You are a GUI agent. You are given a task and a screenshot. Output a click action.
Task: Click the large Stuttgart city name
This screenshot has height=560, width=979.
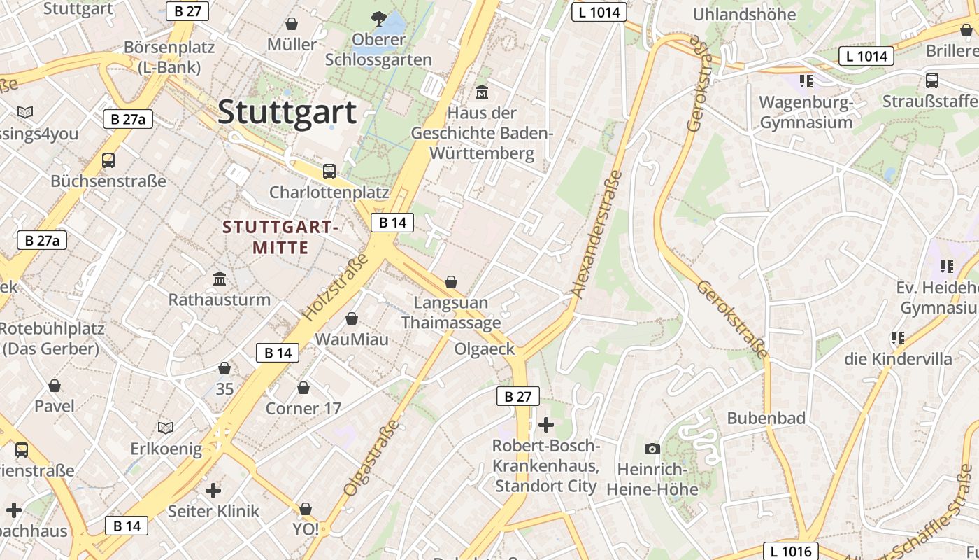(x=287, y=112)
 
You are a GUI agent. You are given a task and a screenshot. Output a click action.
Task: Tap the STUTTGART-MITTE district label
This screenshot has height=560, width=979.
(x=280, y=237)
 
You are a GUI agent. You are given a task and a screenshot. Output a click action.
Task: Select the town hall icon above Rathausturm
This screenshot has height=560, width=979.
(x=220, y=279)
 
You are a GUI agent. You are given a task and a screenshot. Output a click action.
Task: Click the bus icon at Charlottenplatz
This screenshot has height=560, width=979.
(x=329, y=171)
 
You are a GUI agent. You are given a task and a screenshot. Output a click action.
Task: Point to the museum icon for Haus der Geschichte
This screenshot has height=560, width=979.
(x=482, y=92)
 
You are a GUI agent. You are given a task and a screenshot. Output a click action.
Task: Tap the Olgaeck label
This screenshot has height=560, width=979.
(x=485, y=349)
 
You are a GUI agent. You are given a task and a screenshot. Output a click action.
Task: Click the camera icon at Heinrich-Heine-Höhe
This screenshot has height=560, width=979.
(x=652, y=449)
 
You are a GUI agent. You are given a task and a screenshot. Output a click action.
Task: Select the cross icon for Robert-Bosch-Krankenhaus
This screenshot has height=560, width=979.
(x=545, y=424)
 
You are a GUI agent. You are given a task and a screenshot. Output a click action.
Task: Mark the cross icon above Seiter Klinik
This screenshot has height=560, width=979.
(x=213, y=491)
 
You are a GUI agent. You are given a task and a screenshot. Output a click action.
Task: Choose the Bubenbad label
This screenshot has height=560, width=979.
(x=766, y=418)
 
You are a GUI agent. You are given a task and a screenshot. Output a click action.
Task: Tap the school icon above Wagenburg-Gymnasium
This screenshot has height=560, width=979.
(x=806, y=81)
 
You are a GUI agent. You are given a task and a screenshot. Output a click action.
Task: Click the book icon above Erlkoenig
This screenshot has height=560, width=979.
(x=166, y=428)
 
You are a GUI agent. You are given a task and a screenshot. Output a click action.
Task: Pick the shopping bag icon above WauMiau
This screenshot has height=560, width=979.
(x=352, y=318)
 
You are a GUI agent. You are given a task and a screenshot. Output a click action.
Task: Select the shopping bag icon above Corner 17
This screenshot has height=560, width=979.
(x=303, y=387)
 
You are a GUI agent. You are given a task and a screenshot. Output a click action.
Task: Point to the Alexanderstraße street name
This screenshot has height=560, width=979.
(x=596, y=234)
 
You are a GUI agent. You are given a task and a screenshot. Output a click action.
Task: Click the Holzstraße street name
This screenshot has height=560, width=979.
(x=336, y=288)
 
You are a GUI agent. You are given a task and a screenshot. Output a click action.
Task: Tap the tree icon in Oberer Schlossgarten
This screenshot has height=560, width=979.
(x=378, y=18)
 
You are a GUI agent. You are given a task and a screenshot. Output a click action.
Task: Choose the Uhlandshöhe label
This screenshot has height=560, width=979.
(x=744, y=14)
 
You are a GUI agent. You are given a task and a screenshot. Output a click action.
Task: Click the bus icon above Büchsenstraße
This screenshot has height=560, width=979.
(x=108, y=160)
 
